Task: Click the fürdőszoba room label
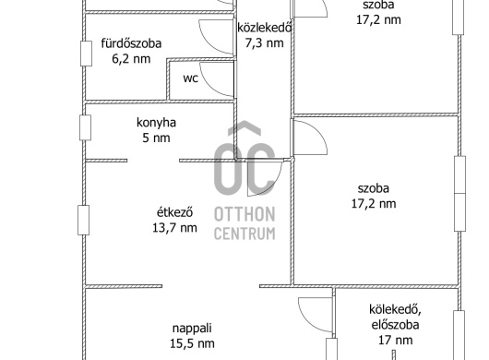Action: pyautogui.click(x=131, y=43)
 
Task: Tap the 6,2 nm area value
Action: pyautogui.click(x=131, y=59)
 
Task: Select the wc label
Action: pyautogui.click(x=190, y=78)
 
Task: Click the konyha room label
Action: pyautogui.click(x=156, y=123)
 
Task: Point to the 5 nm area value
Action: pyautogui.click(x=156, y=138)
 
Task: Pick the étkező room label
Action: pyautogui.click(x=174, y=212)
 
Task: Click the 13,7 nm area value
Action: pyautogui.click(x=174, y=228)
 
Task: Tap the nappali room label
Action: pyautogui.click(x=192, y=329)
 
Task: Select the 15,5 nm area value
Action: pyautogui.click(x=192, y=343)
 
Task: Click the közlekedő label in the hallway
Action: pyautogui.click(x=265, y=28)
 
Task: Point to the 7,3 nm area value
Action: pyautogui.click(x=265, y=42)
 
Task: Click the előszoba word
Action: pyautogui.click(x=395, y=325)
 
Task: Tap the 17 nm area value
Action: pyautogui.click(x=395, y=340)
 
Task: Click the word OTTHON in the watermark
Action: pyautogui.click(x=244, y=214)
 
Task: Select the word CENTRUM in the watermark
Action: pyautogui.click(x=244, y=234)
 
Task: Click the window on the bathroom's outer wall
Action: pyautogui.click(x=87, y=54)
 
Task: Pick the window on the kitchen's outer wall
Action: pyautogui.click(x=86, y=127)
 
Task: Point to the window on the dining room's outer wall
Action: pyautogui.click(x=84, y=220)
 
